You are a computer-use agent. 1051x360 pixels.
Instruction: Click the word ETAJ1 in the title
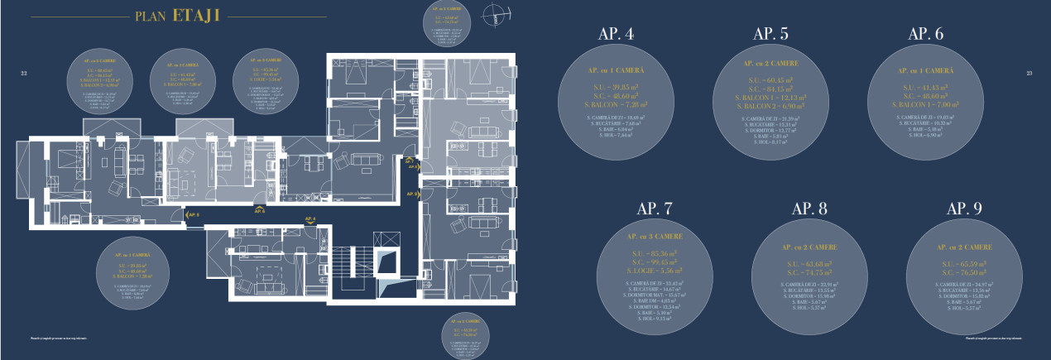(196, 17)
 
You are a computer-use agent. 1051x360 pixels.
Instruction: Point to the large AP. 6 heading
(925, 35)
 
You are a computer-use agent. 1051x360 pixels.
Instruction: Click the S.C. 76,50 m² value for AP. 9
(965, 271)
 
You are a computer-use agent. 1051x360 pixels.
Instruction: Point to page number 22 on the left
(24, 74)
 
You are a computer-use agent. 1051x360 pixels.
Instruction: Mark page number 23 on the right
(1029, 74)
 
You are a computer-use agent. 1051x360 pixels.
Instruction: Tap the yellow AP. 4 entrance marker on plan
(310, 219)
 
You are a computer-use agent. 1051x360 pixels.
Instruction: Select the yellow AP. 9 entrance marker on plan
(412, 193)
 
